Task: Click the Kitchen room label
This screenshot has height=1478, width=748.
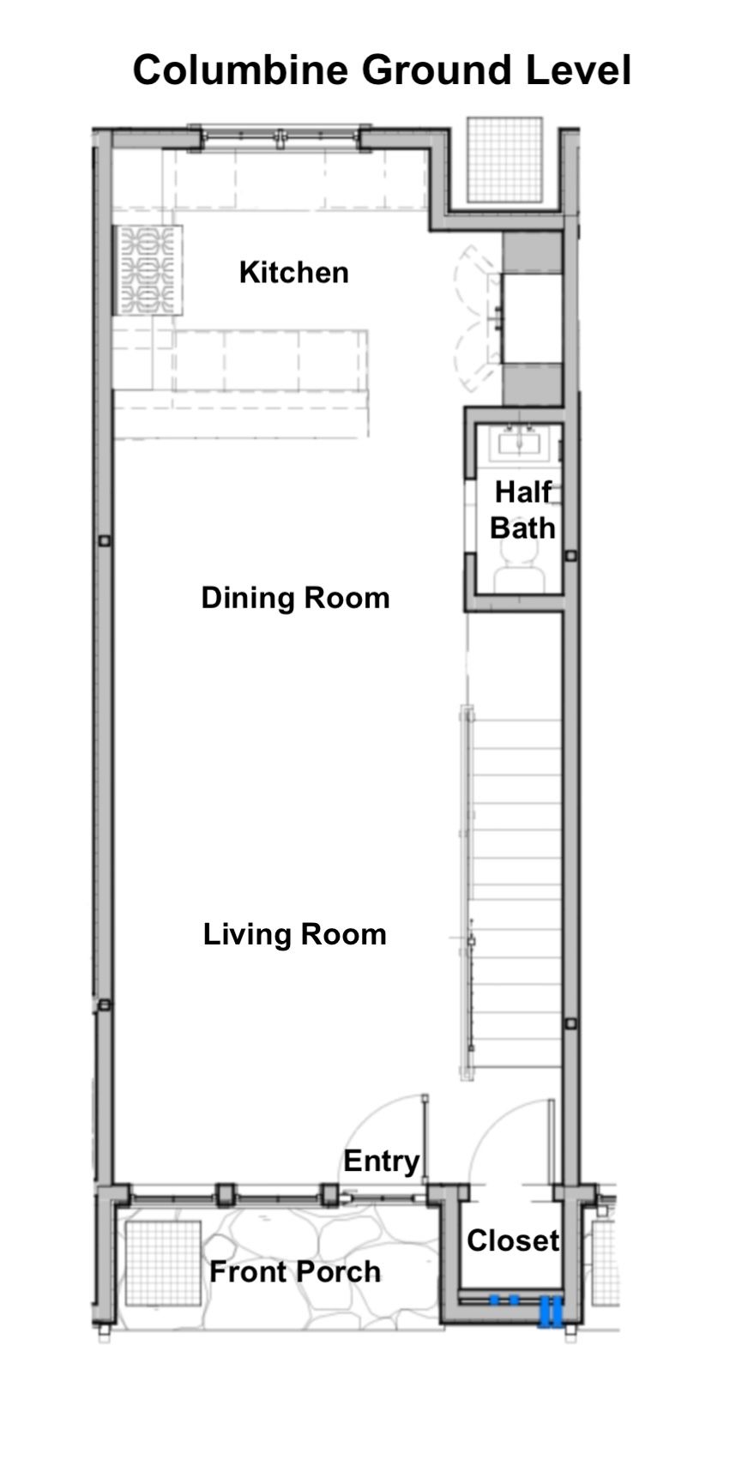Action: (x=293, y=273)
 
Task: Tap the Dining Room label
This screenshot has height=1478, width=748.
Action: (x=295, y=598)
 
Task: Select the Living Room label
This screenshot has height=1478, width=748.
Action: (x=294, y=934)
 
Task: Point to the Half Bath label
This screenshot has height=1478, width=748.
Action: (x=522, y=510)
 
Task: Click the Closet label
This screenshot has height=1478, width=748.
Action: (x=513, y=1240)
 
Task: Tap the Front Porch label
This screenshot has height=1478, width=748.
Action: (x=295, y=1271)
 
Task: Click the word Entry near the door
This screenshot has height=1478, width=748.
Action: (x=382, y=1161)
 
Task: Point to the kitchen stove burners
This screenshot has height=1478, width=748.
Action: (x=148, y=270)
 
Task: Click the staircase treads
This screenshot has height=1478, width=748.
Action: (x=516, y=892)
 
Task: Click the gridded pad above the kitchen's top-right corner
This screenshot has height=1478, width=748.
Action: (x=504, y=160)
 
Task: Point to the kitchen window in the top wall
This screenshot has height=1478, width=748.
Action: (x=280, y=137)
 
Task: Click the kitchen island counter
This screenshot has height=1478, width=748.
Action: (x=269, y=360)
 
